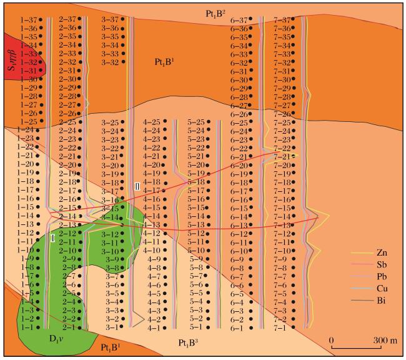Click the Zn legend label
click(x=382, y=252)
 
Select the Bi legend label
click(x=381, y=301)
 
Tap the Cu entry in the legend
click(x=382, y=289)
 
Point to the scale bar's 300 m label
click(x=385, y=340)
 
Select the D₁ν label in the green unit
click(x=57, y=339)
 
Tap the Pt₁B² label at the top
click(x=215, y=14)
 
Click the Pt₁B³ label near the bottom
click(x=188, y=343)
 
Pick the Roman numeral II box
click(x=137, y=186)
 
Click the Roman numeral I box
click(x=53, y=238)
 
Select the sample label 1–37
click(x=29, y=19)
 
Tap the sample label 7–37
click(x=282, y=19)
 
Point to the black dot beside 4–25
click(x=165, y=121)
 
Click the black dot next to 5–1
click(x=208, y=327)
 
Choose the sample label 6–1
click(x=237, y=328)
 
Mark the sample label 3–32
click(x=110, y=62)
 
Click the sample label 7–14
click(x=282, y=217)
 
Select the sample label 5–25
click(x=196, y=122)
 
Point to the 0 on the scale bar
click(x=332, y=340)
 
